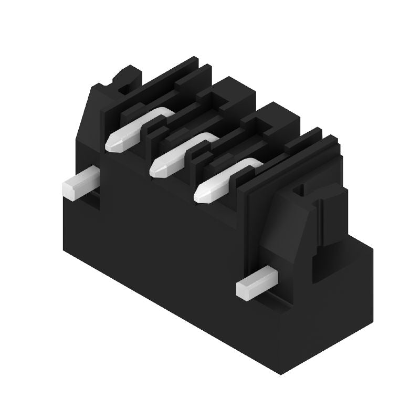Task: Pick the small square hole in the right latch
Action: click(300, 190)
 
